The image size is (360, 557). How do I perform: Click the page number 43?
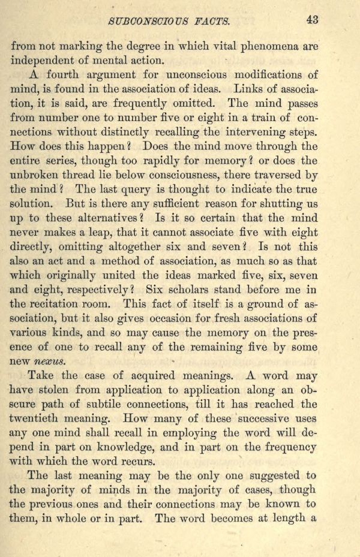tap(311, 19)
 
